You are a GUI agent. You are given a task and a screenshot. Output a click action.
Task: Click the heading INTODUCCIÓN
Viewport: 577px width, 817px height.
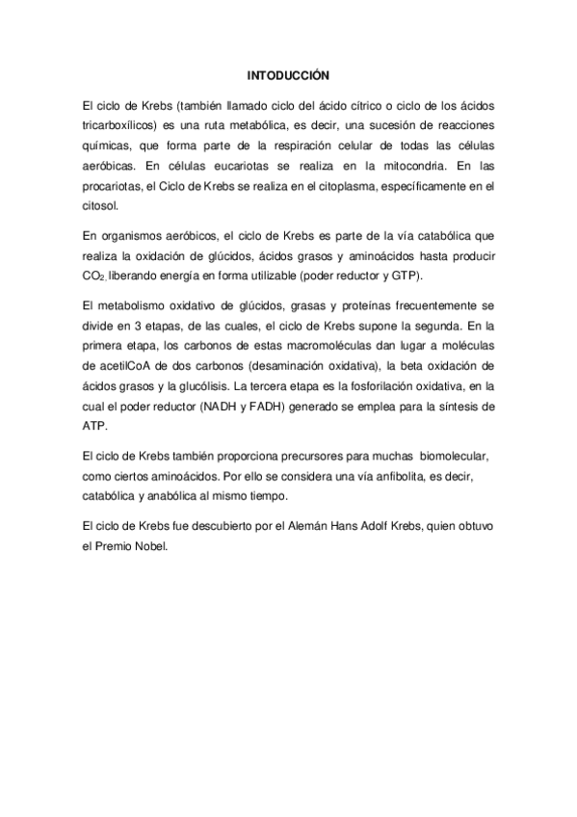click(289, 73)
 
